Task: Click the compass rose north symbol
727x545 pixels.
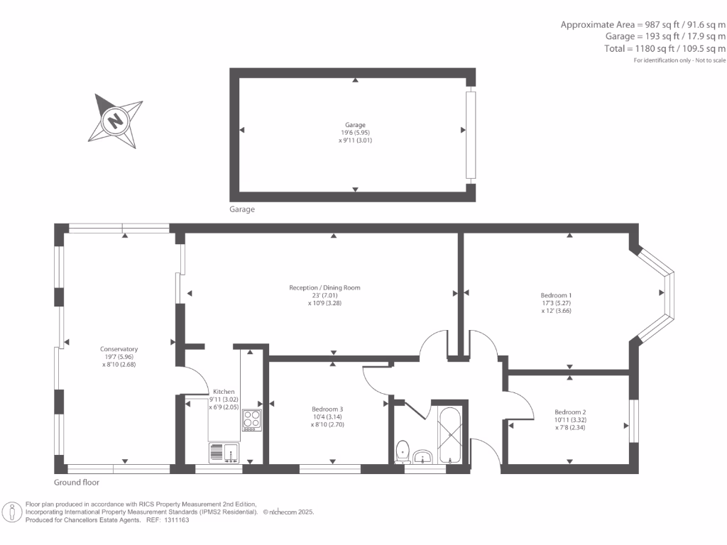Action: click(x=114, y=121)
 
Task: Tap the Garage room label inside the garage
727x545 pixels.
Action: click(x=355, y=125)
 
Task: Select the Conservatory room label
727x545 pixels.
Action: click(x=119, y=349)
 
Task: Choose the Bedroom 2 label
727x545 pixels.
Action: click(x=570, y=412)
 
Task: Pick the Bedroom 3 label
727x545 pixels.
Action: click(x=327, y=409)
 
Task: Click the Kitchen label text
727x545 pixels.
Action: click(x=224, y=392)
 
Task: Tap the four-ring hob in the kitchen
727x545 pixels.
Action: click(x=252, y=419)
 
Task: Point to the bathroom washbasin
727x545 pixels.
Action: click(x=422, y=456)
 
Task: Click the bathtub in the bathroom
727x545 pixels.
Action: click(x=450, y=434)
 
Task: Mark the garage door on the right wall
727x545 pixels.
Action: click(x=469, y=134)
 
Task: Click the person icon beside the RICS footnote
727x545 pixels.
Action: click(x=12, y=512)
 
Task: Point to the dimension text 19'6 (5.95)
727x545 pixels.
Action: click(x=355, y=133)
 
